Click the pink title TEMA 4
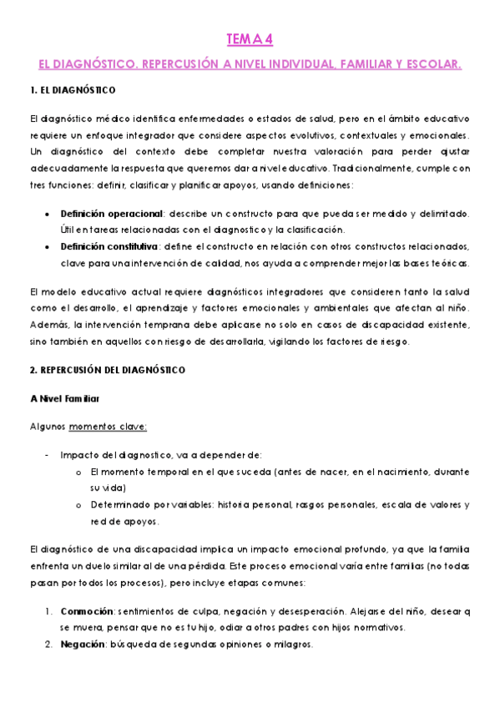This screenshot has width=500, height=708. [250, 38]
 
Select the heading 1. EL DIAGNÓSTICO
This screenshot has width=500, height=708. [72, 89]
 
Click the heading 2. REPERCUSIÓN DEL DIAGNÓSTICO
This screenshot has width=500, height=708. [107, 369]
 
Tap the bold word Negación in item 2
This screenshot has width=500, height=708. [81, 645]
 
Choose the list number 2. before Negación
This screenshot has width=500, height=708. [48, 645]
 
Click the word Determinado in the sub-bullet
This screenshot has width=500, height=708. [119, 504]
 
